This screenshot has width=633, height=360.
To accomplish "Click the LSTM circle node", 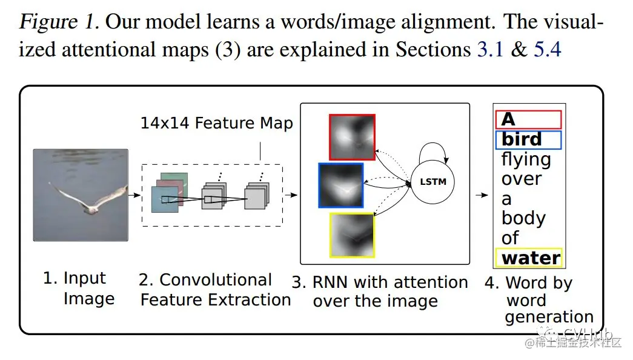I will click(432, 181).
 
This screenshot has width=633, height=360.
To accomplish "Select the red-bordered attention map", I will click(352, 137).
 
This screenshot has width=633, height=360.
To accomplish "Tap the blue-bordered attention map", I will click(340, 185).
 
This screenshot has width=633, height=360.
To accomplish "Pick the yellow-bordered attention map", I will click(352, 236).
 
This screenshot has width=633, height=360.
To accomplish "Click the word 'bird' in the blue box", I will click(522, 139).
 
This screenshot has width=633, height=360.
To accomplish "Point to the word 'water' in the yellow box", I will click(531, 258).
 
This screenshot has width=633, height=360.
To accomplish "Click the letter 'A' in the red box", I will click(508, 119).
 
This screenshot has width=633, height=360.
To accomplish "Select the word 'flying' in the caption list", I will click(526, 159).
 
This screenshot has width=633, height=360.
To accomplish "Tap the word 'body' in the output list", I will click(523, 218).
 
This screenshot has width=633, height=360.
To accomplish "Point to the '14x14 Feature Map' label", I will click(216, 123).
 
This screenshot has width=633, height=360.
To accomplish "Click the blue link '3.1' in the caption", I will click(490, 49).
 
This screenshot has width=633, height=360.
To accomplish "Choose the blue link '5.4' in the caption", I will click(548, 49).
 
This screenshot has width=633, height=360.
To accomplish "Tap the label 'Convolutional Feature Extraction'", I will click(215, 290).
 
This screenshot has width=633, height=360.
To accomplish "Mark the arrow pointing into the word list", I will click(482, 195).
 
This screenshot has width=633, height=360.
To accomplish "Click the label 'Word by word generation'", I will click(539, 299).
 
